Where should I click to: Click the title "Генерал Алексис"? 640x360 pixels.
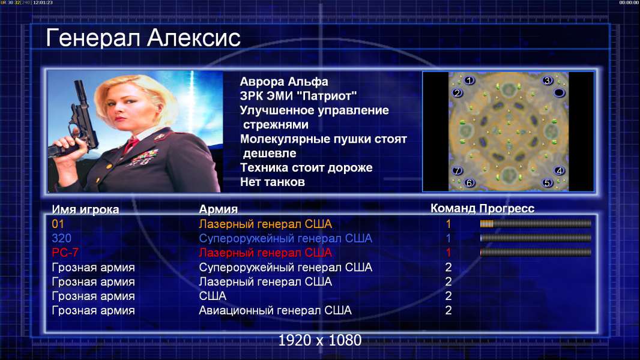coord(143,38)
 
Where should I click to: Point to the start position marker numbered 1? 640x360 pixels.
coord(469,80)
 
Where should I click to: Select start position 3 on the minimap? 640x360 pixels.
coord(548,80)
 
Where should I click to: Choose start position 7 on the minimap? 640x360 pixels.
coord(457,170)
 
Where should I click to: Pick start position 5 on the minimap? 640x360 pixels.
coord(547,182)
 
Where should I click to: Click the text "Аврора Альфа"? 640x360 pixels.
coord(283,82)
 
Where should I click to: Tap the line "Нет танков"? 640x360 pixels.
coord(272,182)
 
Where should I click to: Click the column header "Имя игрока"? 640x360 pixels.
coord(85,209)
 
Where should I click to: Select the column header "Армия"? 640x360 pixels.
coord(218,209)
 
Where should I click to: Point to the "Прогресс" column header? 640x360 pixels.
coord(507,209)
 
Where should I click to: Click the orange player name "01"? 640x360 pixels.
coord(58,224)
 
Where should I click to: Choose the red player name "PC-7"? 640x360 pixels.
coord(65,253)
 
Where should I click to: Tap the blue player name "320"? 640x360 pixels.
coord(62,238)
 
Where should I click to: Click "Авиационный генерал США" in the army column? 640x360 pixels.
coord(275,310)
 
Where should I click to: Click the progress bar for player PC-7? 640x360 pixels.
coord(536,253)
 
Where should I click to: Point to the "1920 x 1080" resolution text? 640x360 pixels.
coord(319,340)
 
